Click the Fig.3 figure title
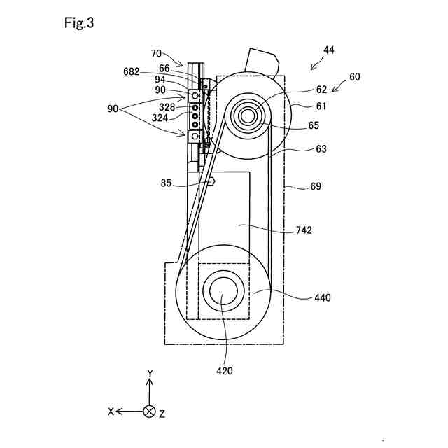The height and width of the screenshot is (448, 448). coord(79,22)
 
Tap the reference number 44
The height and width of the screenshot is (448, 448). coord(328,50)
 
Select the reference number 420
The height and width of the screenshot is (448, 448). coord(225,371)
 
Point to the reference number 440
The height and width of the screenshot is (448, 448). coord(323,297)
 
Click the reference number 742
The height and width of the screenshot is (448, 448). coord(304,230)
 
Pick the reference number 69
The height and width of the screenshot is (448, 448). coord(316,186)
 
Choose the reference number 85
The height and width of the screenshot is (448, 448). coord(166,183)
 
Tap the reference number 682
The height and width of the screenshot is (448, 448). coord(132,71)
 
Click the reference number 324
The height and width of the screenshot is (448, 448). coord(160,118)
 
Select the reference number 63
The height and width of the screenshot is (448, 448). coord(321,149)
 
